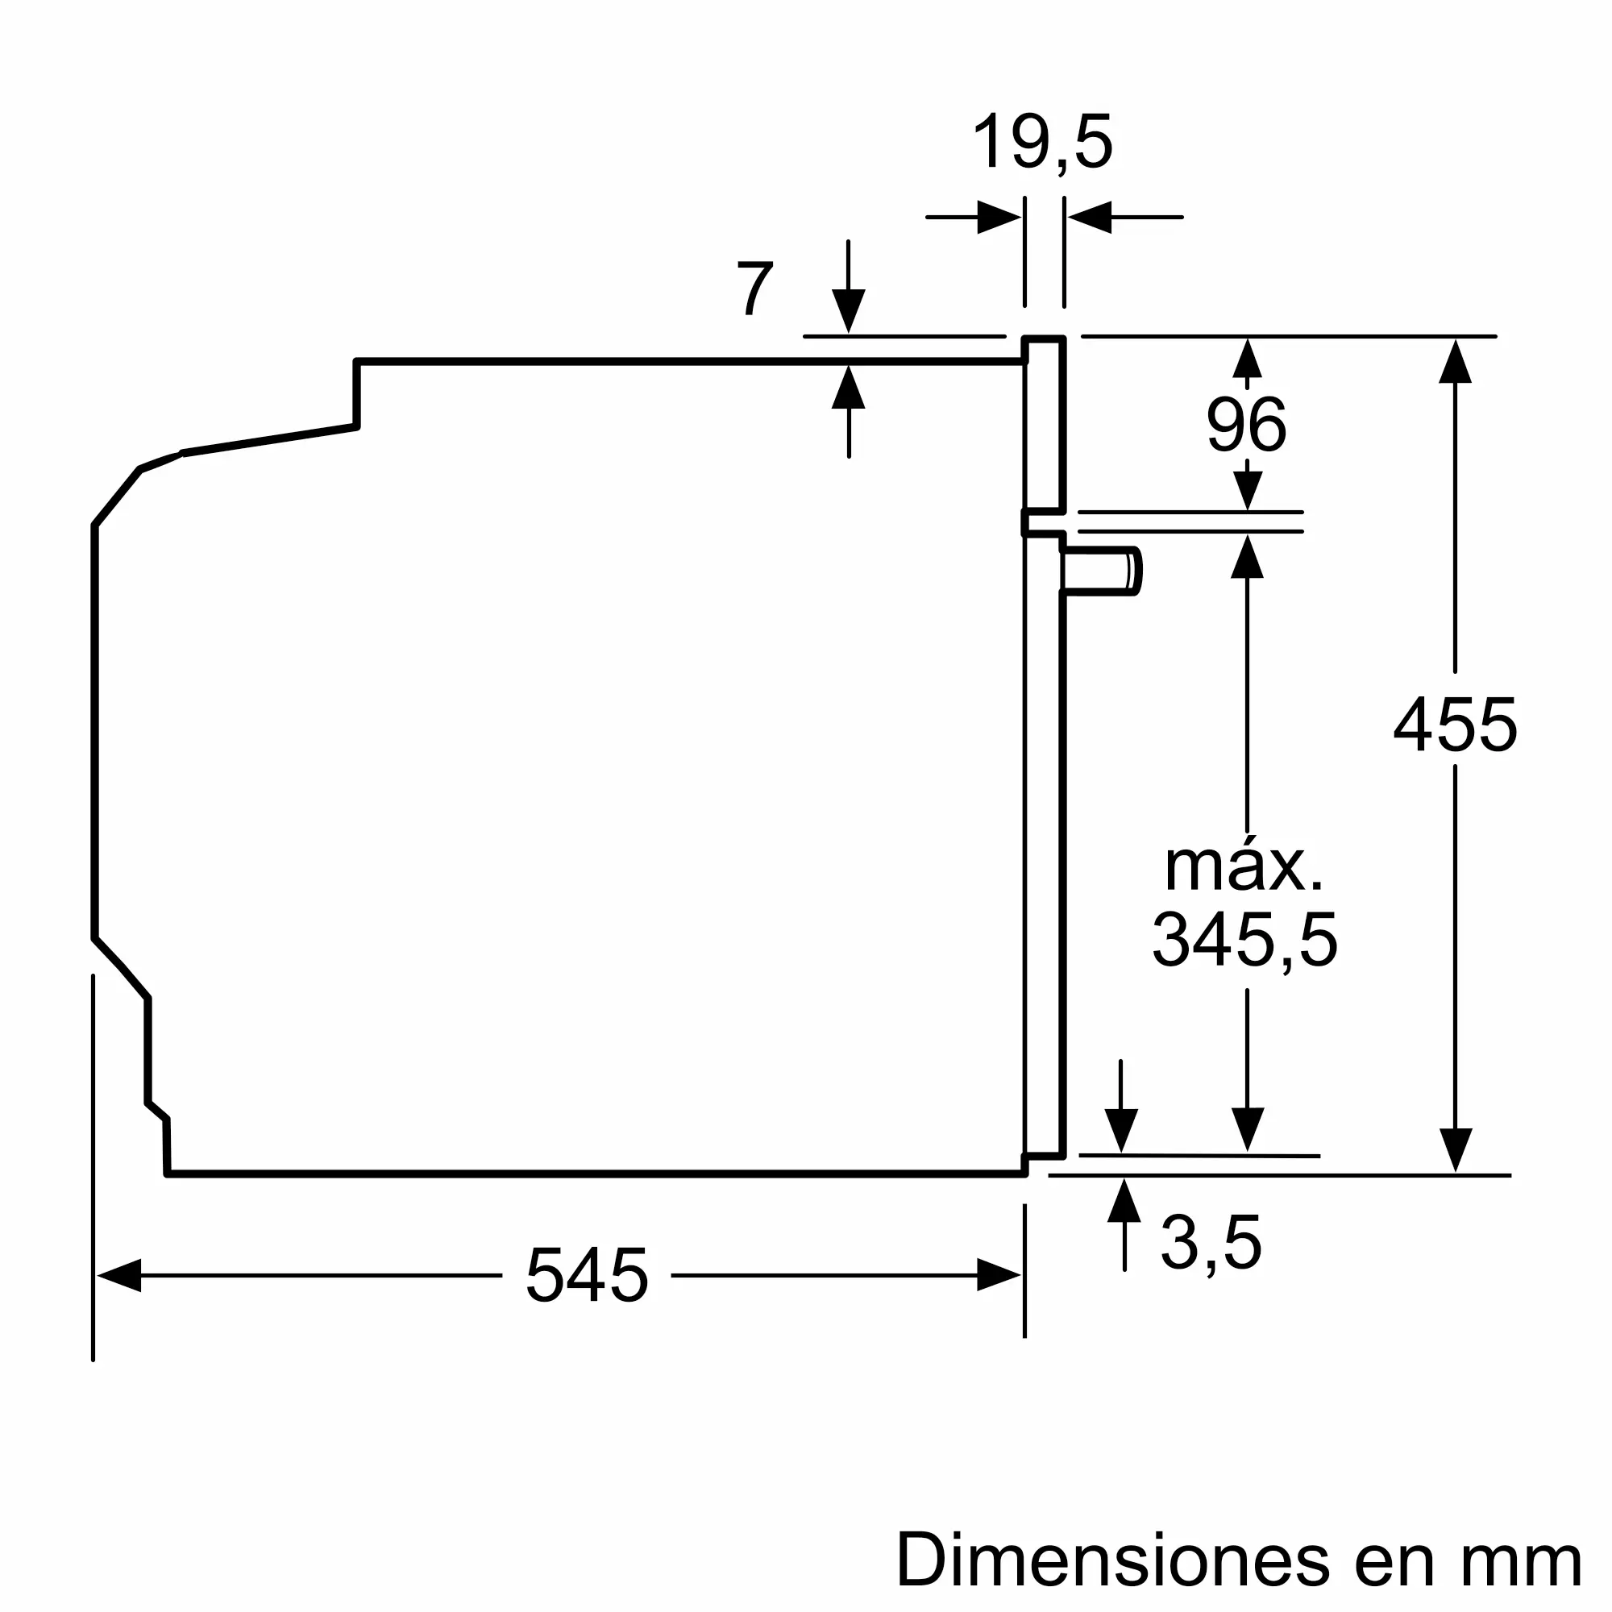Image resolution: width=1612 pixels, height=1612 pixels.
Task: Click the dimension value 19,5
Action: point(1042,143)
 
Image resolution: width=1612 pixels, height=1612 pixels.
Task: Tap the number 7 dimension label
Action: point(756,289)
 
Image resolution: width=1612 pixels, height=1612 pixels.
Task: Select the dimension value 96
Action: point(1247,426)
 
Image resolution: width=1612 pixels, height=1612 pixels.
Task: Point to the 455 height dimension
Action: point(1455,727)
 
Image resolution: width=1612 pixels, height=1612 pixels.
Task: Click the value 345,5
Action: point(1245,941)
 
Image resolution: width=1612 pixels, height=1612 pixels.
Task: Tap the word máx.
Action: point(1243,868)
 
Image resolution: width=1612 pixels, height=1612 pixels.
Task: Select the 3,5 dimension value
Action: point(1211,1244)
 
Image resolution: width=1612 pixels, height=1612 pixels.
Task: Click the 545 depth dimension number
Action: point(587,1276)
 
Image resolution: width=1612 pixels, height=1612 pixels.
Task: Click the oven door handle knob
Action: point(1101,572)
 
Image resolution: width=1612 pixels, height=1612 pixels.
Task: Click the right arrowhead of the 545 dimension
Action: point(999,1276)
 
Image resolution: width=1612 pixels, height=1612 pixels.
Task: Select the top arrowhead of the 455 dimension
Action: point(1455,361)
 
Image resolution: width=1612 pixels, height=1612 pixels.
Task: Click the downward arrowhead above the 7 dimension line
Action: point(849,311)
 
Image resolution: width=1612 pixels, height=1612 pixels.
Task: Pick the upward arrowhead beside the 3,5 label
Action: point(1124,1202)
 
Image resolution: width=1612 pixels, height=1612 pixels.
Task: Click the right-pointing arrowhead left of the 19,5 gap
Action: point(999,218)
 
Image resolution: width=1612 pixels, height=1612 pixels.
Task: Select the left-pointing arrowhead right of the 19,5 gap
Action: point(1090,218)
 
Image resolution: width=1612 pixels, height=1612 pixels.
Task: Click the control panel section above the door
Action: point(1045,426)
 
